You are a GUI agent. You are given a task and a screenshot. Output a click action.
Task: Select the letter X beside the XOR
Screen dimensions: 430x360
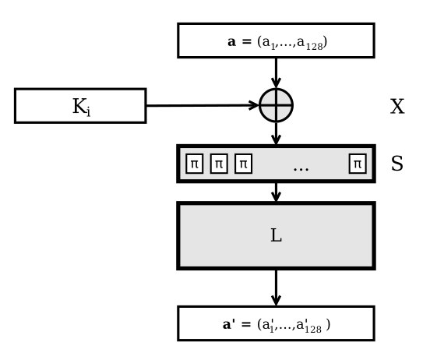coord(397,107)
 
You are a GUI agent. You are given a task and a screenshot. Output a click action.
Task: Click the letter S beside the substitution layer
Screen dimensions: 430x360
coord(397,164)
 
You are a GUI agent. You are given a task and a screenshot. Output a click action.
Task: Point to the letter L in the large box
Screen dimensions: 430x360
coord(277,235)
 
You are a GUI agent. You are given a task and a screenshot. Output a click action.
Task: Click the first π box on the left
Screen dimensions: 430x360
coord(195,164)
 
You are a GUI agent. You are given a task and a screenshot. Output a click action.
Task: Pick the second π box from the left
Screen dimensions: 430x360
coord(219,164)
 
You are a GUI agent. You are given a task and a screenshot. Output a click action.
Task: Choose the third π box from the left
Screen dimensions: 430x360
coord(243,164)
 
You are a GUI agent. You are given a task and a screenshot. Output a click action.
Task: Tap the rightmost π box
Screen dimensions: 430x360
coord(358,164)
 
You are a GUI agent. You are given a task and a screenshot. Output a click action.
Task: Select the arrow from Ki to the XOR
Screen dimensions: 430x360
coord(203,105)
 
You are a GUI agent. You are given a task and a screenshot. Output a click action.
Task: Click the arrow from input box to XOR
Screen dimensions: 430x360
coord(277,73)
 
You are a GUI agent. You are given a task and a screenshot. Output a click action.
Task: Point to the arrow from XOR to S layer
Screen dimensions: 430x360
coord(277,133)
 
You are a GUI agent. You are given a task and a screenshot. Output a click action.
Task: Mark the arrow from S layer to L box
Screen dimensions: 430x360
coord(277,192)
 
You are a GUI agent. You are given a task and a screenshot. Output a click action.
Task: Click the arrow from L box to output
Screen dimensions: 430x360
coord(277,288)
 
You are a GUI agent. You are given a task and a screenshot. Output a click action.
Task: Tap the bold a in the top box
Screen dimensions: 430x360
coord(231,42)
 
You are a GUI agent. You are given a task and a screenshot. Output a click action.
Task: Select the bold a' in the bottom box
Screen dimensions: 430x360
coord(229,324)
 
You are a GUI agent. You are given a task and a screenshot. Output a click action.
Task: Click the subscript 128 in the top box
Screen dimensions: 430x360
coord(314,47)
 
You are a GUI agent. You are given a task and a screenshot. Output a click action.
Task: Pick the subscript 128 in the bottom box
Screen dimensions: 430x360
coord(313,329)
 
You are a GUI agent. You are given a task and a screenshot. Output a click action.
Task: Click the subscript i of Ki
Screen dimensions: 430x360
coord(88,112)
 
